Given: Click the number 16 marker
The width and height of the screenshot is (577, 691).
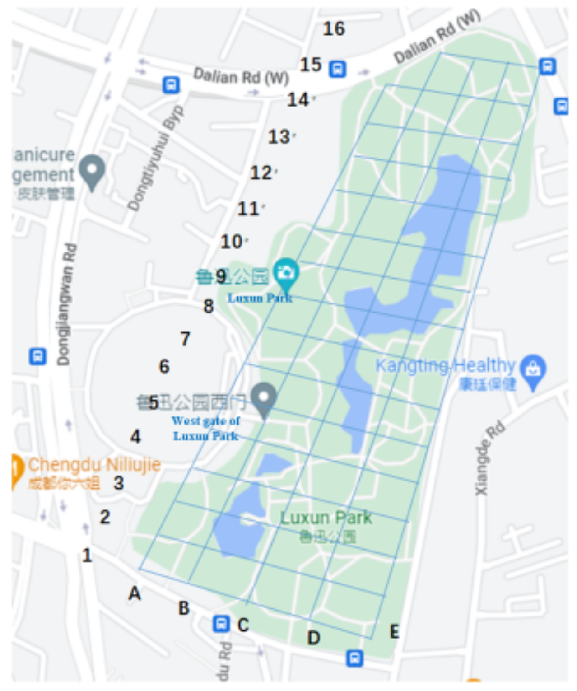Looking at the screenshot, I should pyautogui.click(x=334, y=29).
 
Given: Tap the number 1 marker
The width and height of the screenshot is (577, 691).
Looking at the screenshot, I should pyautogui.click(x=87, y=555).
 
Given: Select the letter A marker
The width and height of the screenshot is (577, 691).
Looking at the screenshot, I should pyautogui.click(x=135, y=593).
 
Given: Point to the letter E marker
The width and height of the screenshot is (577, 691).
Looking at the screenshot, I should pyautogui.click(x=394, y=631).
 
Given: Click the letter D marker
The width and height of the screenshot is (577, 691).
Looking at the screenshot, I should pyautogui.click(x=313, y=638).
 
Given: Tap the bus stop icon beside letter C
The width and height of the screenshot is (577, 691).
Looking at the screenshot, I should pyautogui.click(x=221, y=624).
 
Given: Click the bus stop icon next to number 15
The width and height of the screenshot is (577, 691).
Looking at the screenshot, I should pyautogui.click(x=337, y=69).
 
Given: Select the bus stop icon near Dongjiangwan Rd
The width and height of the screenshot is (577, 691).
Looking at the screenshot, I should pyautogui.click(x=37, y=356).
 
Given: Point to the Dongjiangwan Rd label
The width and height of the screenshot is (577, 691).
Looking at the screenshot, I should pyautogui.click(x=65, y=304).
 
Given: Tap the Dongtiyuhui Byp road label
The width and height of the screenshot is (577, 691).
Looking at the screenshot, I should pyautogui.click(x=155, y=159).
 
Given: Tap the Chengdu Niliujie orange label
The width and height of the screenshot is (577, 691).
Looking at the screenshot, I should pyautogui.click(x=94, y=465).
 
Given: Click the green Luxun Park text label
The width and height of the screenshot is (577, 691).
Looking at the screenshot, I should pyautogui.click(x=326, y=518).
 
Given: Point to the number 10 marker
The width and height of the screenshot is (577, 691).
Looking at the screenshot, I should pyautogui.click(x=232, y=242).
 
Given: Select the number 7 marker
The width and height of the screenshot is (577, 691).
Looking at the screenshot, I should pyautogui.click(x=185, y=338).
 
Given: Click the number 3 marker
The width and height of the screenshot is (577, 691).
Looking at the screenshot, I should pyautogui.click(x=119, y=483).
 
